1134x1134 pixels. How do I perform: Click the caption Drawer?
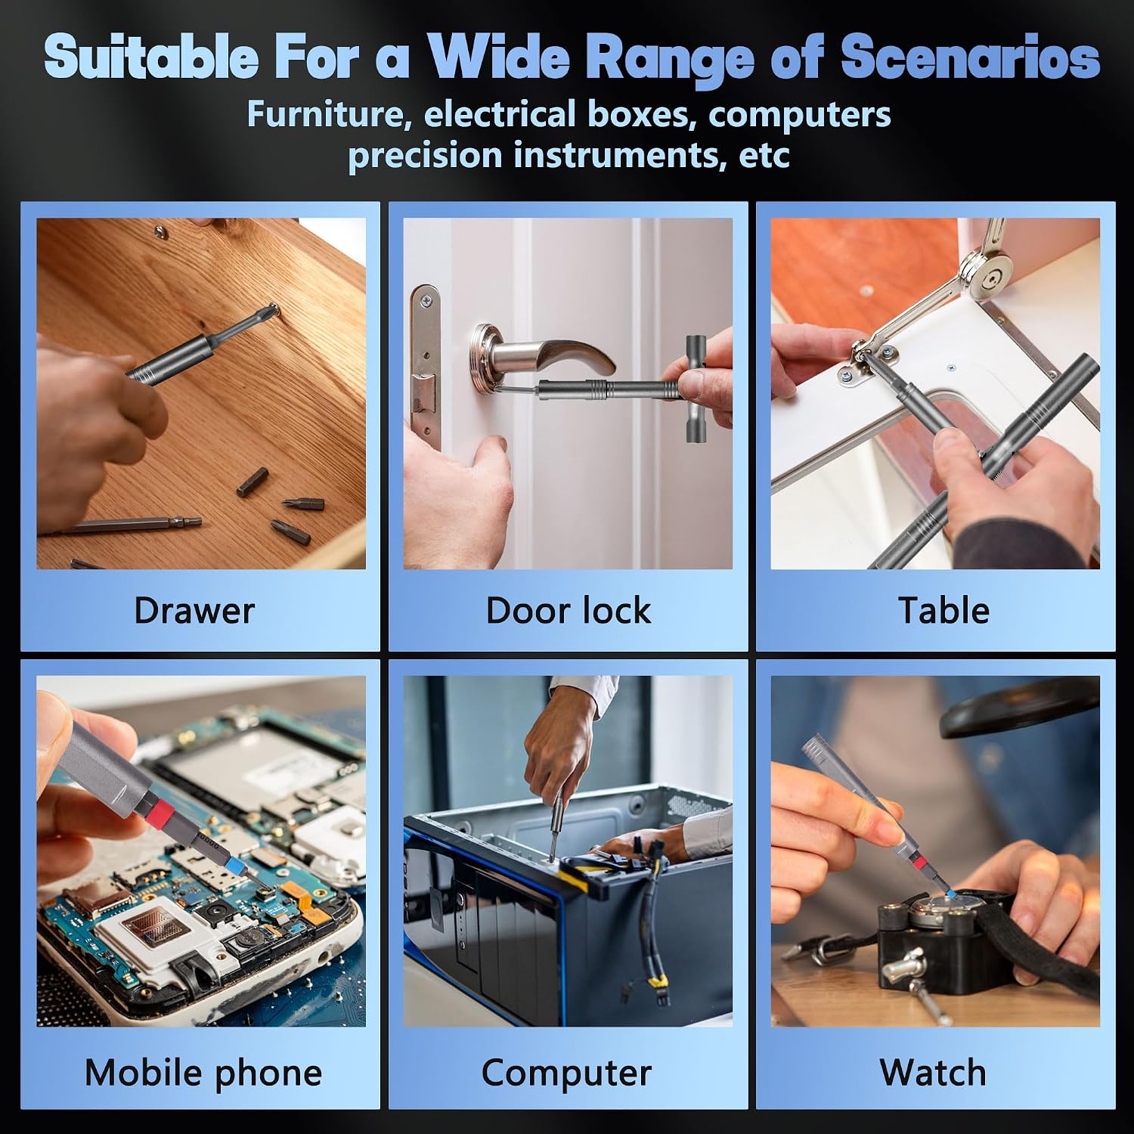(194, 610)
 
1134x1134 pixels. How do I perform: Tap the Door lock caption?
(568, 610)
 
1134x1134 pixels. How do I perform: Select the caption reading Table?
(943, 610)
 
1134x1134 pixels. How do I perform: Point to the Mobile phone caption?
(203, 1073)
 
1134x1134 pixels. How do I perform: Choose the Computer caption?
(566, 1073)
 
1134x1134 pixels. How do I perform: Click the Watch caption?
(933, 1072)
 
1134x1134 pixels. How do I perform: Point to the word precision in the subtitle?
(425, 156)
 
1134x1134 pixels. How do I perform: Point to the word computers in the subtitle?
(800, 115)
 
